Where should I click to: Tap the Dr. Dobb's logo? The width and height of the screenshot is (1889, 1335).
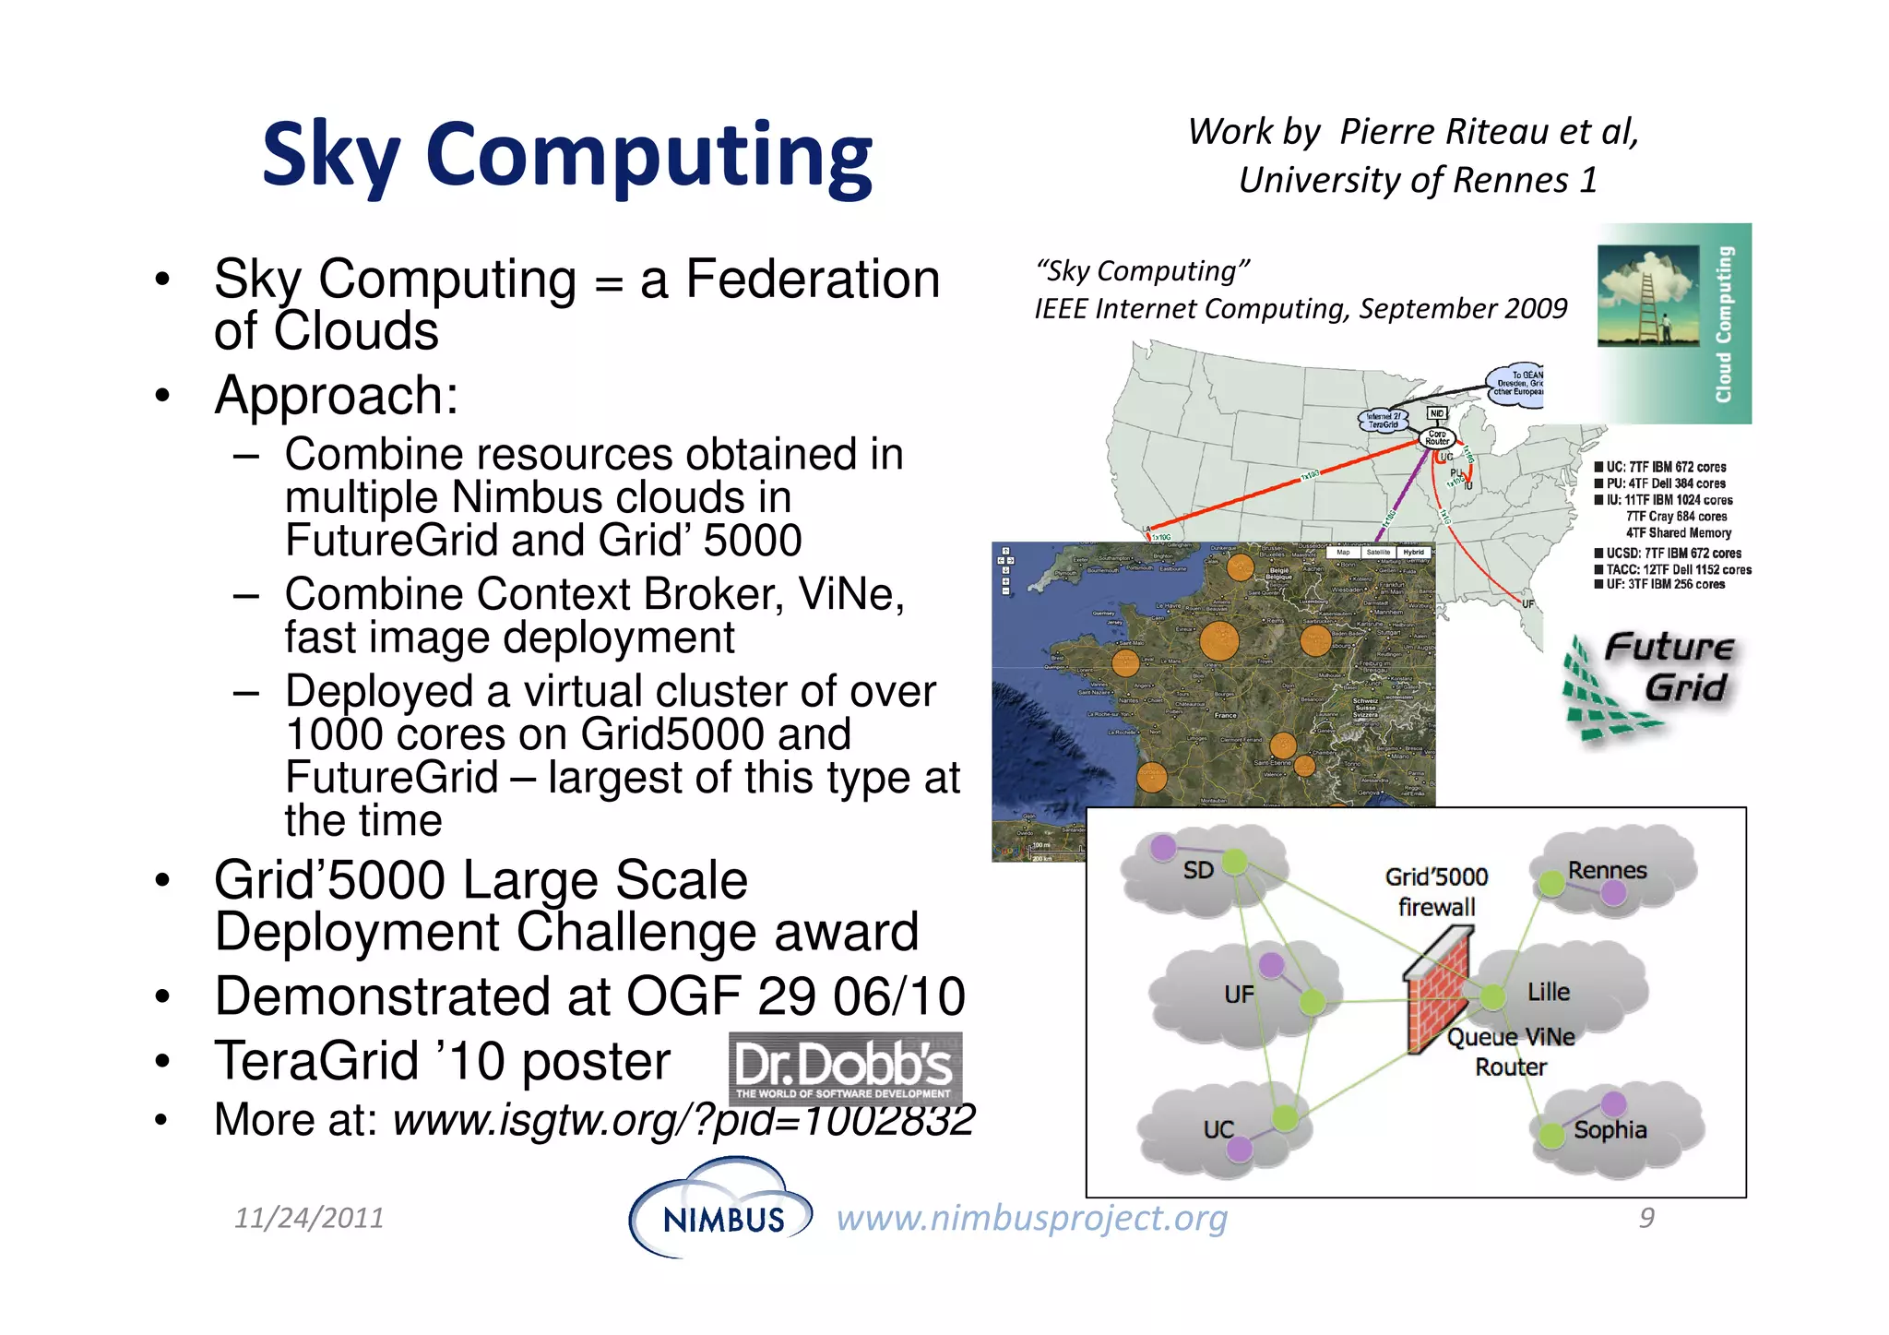[845, 1068]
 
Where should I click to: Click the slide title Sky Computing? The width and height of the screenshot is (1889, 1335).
[566, 155]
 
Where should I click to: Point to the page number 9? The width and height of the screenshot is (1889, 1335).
[1646, 1218]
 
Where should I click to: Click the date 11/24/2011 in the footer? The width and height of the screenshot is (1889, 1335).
[309, 1218]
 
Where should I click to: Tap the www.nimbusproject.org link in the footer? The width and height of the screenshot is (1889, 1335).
[1031, 1218]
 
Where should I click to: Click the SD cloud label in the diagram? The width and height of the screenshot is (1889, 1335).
[1198, 870]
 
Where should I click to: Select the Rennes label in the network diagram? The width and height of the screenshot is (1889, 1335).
[1607, 870]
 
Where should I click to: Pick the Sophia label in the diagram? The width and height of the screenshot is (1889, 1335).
[1610, 1129]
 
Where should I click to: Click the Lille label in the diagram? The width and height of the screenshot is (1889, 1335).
[1548, 992]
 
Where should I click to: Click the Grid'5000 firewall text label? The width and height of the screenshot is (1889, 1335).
[1436, 891]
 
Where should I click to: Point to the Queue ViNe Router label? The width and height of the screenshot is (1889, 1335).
[1510, 1052]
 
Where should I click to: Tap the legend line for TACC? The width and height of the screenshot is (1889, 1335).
[1673, 569]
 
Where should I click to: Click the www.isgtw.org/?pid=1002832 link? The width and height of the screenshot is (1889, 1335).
[683, 1120]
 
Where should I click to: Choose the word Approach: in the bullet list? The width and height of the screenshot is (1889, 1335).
[336, 396]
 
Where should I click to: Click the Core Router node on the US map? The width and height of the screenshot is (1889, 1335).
[1437, 437]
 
